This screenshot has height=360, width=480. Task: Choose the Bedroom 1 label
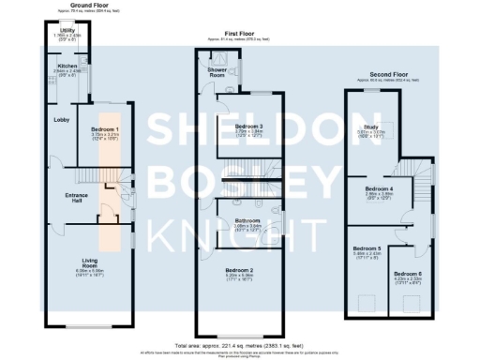(x=104, y=128)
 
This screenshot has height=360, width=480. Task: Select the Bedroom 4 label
(x=378, y=188)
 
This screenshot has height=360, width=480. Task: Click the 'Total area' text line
(x=241, y=344)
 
